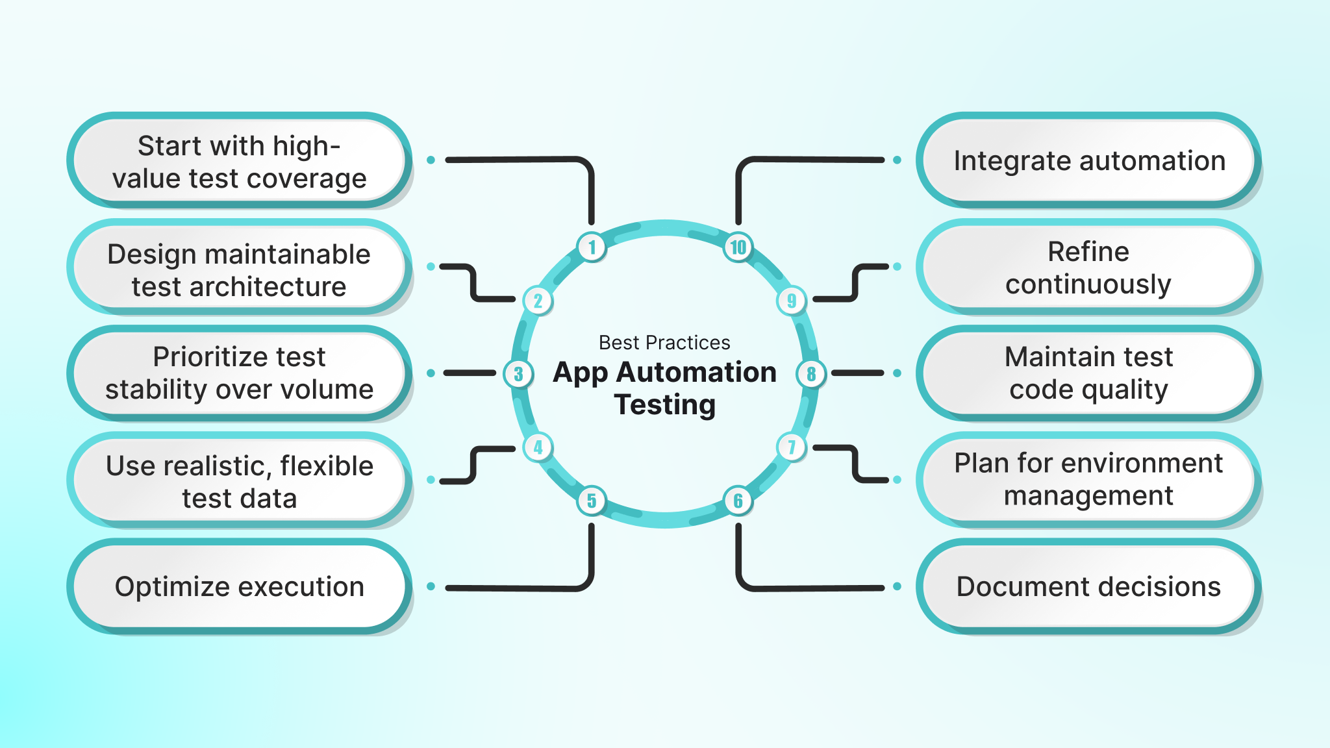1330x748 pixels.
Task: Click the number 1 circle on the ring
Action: click(x=592, y=247)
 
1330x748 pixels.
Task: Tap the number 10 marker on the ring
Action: click(x=738, y=247)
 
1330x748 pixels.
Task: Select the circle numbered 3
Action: click(x=518, y=374)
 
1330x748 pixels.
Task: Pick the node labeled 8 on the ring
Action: click(x=811, y=374)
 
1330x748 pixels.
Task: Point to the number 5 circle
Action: click(x=592, y=501)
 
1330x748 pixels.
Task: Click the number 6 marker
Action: click(x=738, y=501)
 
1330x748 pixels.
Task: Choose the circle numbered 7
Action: click(x=792, y=447)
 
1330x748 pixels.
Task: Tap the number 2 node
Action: click(x=538, y=301)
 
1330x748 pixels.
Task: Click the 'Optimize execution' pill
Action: click(x=239, y=586)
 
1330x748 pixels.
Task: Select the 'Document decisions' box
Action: click(x=1088, y=586)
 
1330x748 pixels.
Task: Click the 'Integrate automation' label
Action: click(x=1088, y=160)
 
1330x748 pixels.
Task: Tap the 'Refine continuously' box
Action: click(x=1088, y=268)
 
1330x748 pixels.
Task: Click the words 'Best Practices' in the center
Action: click(x=664, y=342)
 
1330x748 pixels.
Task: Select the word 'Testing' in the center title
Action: click(x=664, y=405)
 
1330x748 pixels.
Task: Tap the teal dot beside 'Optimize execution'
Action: click(x=431, y=586)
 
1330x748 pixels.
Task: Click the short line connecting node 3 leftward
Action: click(x=470, y=373)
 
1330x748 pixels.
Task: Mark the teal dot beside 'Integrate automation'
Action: click(x=897, y=160)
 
